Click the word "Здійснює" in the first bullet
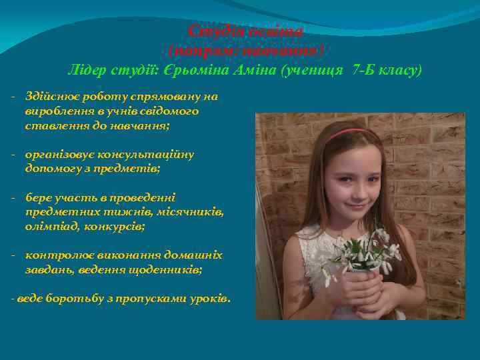[51, 97]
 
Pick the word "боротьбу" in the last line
[75, 299]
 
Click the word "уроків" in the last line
[209, 299]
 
